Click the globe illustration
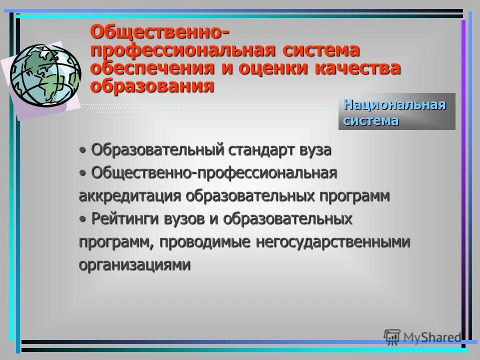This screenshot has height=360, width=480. point(45,72)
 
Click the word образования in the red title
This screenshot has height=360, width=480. point(152,85)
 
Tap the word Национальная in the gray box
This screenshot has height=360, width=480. point(394,105)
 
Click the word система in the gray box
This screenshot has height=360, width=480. point(370,120)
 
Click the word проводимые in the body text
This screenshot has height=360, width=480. point(207,242)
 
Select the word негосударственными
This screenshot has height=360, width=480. point(332,242)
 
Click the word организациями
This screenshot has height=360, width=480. point(134,264)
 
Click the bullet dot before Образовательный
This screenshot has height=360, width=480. point(82,150)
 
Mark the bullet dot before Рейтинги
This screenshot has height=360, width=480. point(82,219)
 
